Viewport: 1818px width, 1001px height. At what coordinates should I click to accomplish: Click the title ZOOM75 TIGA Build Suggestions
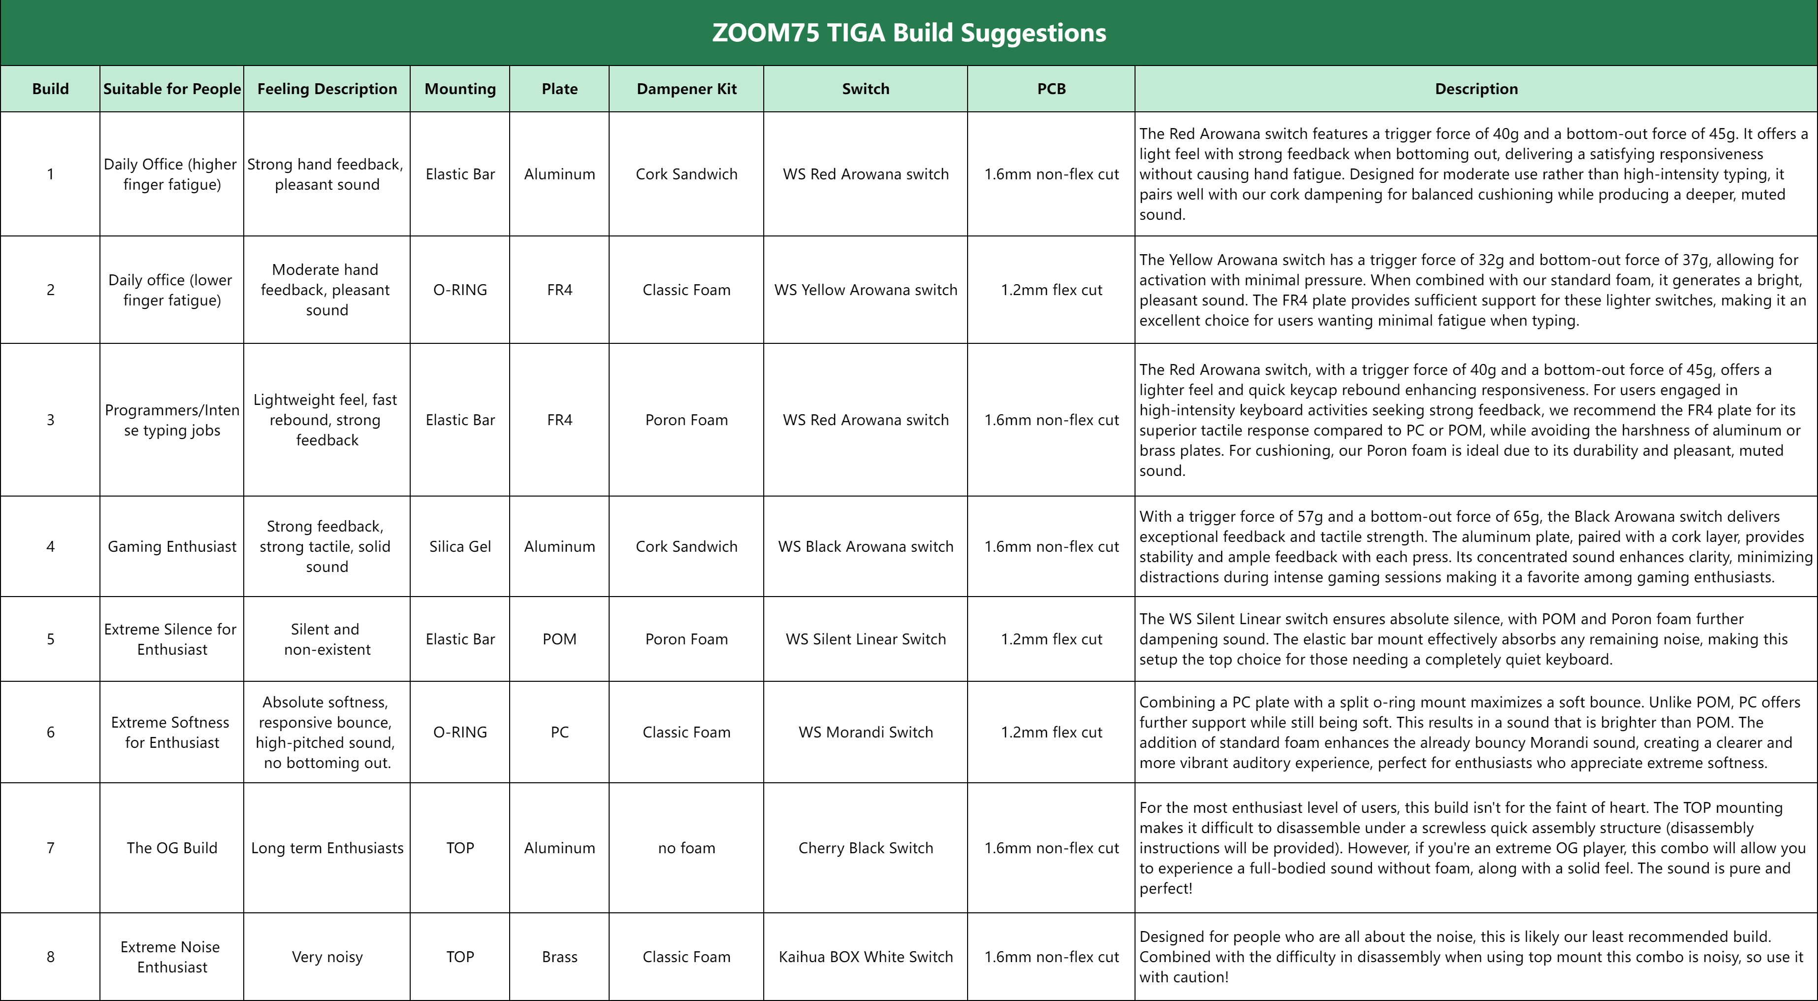(909, 33)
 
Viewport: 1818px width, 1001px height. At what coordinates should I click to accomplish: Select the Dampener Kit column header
(686, 89)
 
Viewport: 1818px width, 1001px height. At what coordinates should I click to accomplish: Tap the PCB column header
(1051, 89)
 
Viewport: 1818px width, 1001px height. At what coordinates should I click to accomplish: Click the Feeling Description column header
(327, 89)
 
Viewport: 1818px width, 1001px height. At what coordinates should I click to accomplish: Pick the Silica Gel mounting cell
(460, 546)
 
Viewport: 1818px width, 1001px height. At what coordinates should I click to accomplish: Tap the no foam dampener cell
(686, 848)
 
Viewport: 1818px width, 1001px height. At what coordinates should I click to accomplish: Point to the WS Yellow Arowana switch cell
(865, 290)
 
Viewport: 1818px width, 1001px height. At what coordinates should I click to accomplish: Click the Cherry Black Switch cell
(865, 848)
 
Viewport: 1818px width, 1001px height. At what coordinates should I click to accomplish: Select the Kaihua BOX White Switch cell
(865, 957)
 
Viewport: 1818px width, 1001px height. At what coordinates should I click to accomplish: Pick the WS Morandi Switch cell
(865, 732)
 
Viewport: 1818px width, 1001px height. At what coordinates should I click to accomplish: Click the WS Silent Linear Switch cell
(865, 639)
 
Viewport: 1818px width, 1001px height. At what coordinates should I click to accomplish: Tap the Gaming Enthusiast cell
(171, 546)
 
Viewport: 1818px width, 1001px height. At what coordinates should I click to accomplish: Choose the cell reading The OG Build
(171, 848)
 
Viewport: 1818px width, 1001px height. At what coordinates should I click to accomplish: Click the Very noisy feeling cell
(327, 957)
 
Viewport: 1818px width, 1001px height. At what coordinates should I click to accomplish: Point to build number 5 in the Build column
(50, 639)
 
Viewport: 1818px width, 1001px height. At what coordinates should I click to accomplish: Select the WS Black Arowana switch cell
(865, 546)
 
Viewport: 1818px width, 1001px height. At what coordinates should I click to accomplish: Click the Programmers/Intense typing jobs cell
(171, 420)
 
